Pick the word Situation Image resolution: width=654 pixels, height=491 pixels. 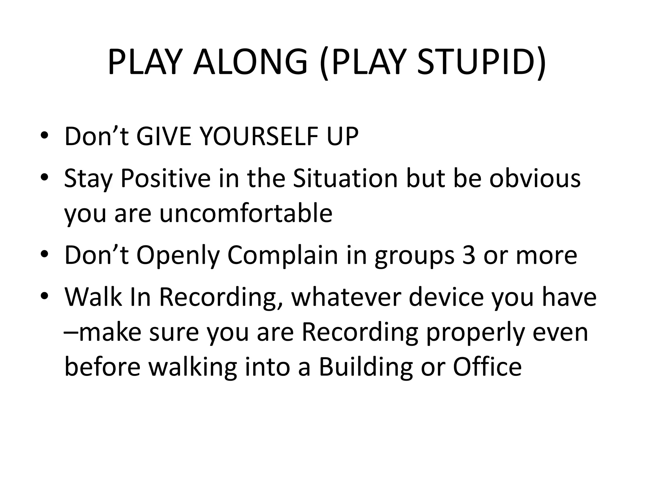tap(345, 178)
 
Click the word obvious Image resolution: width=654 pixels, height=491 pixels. tap(535, 178)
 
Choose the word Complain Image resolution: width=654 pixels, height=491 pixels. tap(283, 256)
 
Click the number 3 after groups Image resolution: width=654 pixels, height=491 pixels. tap(468, 255)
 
